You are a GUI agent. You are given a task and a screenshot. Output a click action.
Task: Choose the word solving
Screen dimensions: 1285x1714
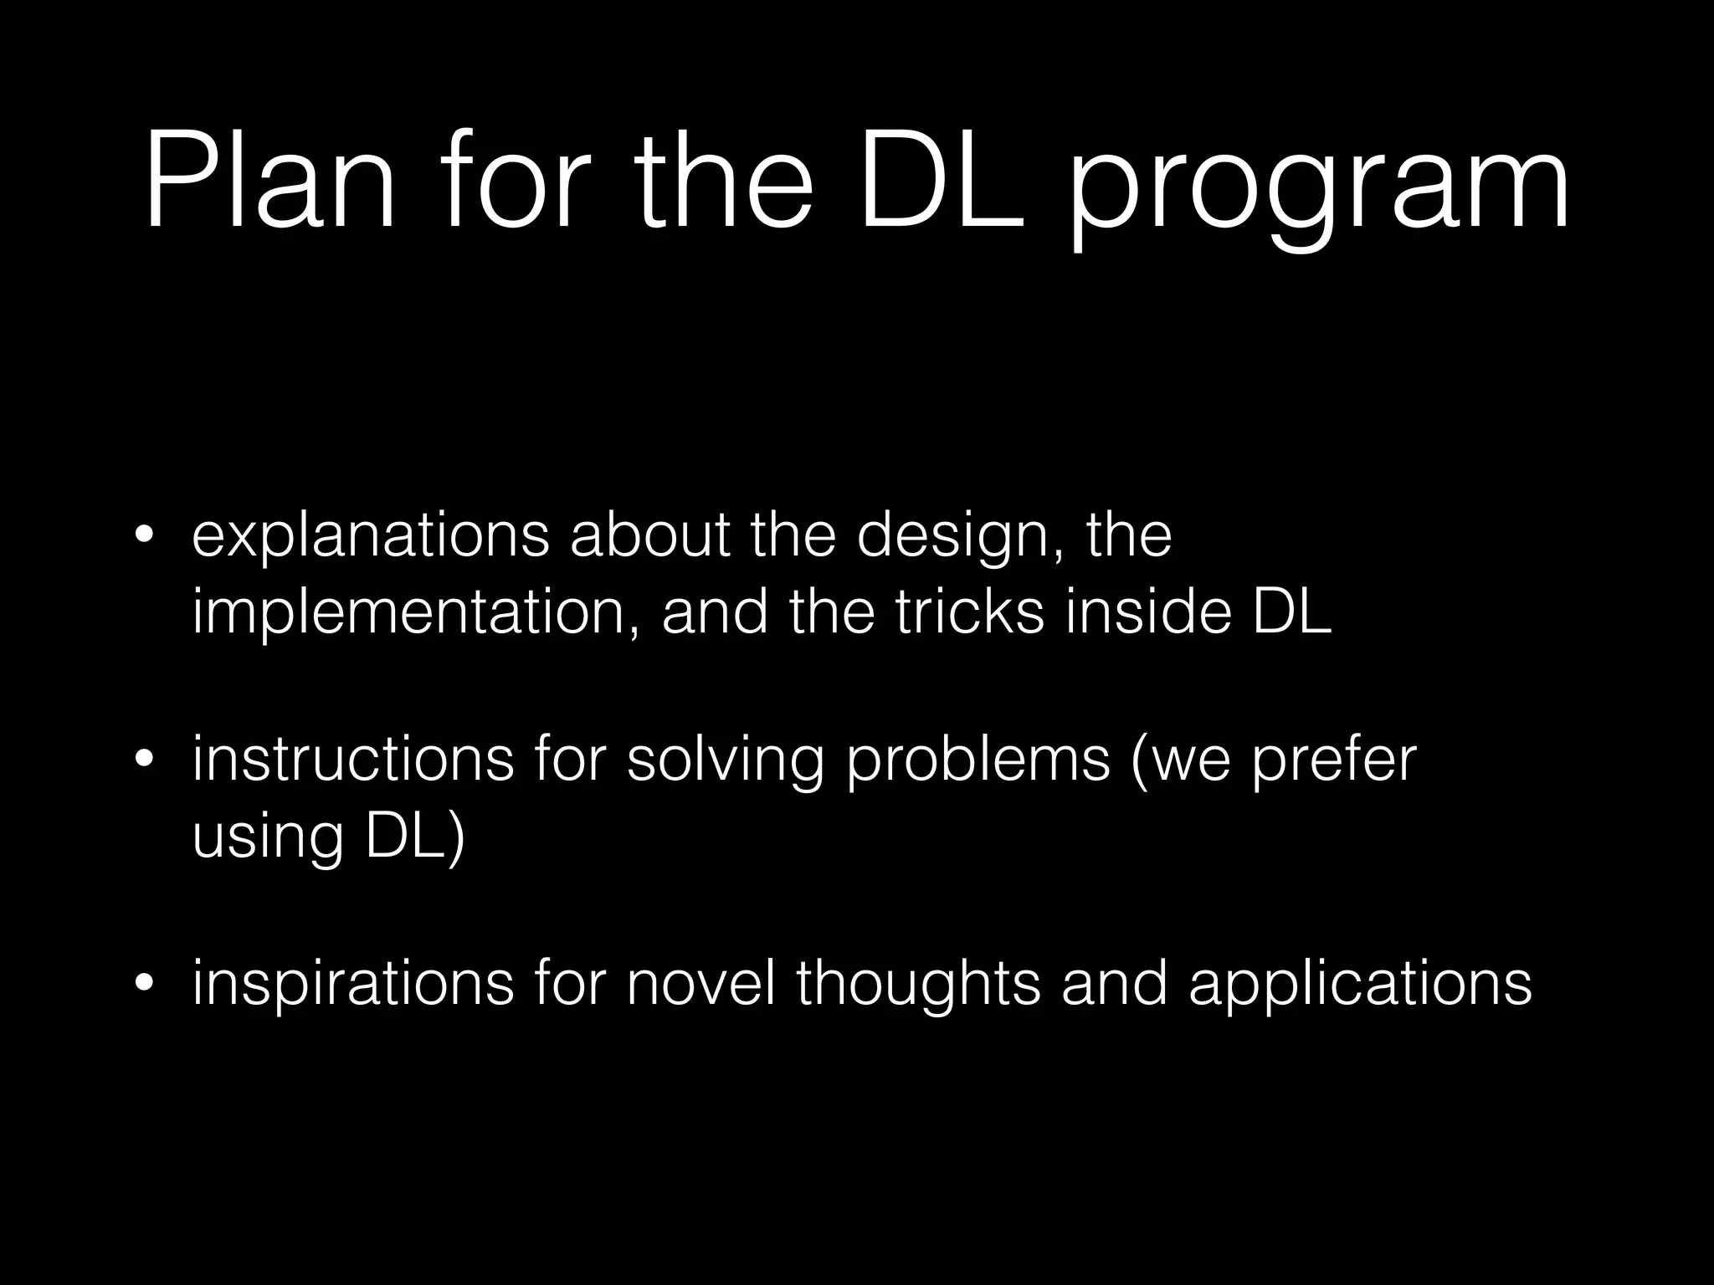pos(725,761)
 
